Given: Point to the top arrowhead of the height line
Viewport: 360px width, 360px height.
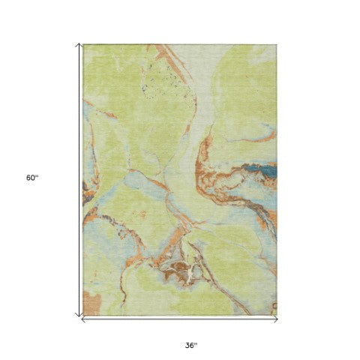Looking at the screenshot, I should (79, 46).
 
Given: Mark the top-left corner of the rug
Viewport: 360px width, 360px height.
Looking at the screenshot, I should (83, 44).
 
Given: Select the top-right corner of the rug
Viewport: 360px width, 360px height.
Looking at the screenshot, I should (277, 44).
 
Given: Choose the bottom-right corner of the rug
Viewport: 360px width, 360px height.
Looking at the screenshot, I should (277, 313).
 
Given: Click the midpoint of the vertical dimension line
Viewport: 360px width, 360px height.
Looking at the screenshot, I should (79, 180).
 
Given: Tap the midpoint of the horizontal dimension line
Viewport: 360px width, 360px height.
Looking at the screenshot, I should (179, 319).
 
